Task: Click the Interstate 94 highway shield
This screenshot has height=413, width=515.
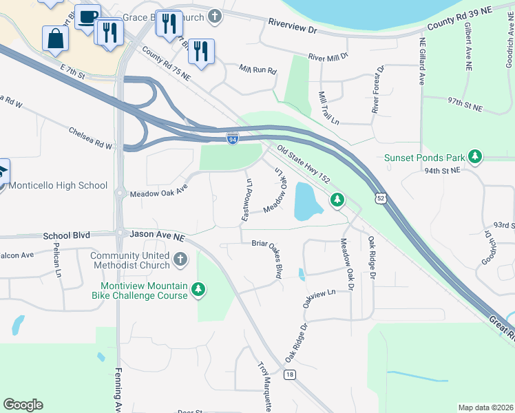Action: (x=233, y=139)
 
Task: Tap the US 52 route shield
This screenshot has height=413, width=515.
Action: (x=380, y=198)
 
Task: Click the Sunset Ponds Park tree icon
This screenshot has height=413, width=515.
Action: (x=475, y=158)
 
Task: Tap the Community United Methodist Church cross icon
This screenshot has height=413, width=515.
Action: (x=180, y=260)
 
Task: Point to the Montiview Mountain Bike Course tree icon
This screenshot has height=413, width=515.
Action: (x=198, y=289)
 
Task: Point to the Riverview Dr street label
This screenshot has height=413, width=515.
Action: (x=292, y=30)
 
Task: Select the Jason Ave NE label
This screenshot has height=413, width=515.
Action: (x=158, y=235)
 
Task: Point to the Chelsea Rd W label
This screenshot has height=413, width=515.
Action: (x=90, y=137)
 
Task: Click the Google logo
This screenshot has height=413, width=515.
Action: (x=23, y=405)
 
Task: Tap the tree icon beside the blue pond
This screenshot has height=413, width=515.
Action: (x=337, y=200)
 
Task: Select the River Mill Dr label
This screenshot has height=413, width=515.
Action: (x=328, y=57)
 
